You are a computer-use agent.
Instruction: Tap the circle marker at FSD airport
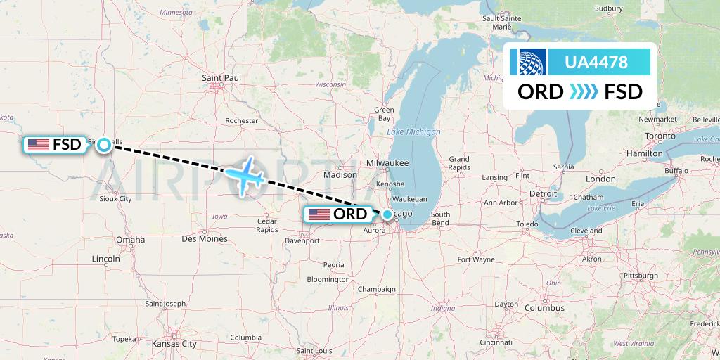click(104, 145)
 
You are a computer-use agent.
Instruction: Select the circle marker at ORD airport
click(387, 214)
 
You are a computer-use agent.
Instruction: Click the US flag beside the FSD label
click(39, 145)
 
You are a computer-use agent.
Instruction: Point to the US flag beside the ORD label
click(319, 214)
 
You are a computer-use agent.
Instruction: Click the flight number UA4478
click(597, 62)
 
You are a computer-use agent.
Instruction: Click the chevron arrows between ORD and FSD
click(581, 92)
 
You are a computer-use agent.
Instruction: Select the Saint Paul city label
click(221, 77)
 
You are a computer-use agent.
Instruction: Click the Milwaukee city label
click(387, 163)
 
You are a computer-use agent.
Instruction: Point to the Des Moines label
click(204, 239)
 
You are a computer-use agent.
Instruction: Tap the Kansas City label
click(174, 344)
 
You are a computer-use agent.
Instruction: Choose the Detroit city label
click(543, 193)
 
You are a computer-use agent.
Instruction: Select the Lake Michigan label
click(413, 132)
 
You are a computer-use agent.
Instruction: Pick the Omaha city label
click(130, 240)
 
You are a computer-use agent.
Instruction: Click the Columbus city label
click(544, 308)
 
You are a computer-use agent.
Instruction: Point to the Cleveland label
click(586, 231)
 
